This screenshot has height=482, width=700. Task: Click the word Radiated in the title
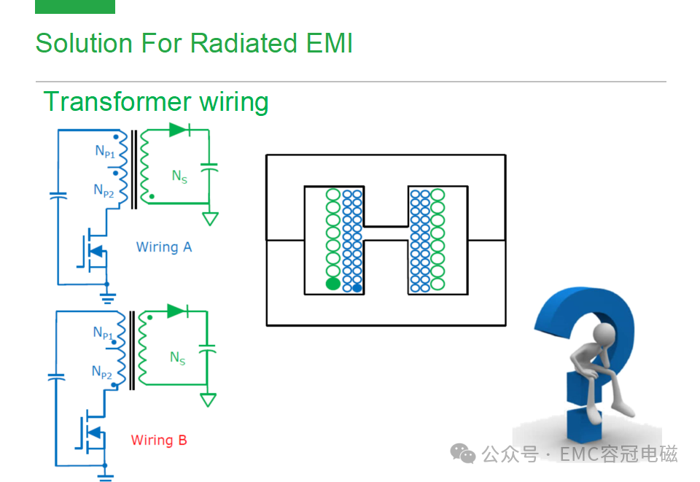(244, 43)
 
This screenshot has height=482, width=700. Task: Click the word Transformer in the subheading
(117, 101)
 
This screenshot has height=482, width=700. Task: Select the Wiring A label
(164, 246)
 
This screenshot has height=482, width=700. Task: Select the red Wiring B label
(159, 440)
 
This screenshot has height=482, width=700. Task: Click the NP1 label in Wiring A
(105, 151)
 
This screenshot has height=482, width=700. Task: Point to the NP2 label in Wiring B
(102, 372)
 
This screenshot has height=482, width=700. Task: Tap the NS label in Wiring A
(179, 176)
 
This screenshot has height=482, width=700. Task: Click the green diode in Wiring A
(180, 130)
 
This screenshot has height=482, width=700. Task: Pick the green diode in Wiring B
(178, 311)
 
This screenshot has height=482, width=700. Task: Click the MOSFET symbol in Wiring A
(93, 252)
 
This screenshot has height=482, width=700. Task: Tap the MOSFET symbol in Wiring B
(90, 432)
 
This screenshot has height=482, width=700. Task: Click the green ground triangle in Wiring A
(210, 219)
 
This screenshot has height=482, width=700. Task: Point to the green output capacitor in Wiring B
(207, 349)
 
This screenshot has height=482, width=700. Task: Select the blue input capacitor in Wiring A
(58, 195)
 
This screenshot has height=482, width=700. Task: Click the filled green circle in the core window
(333, 284)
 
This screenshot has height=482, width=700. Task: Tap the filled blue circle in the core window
(357, 288)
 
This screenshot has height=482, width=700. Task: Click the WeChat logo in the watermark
(463, 454)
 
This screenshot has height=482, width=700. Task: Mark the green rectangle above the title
(75, 7)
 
